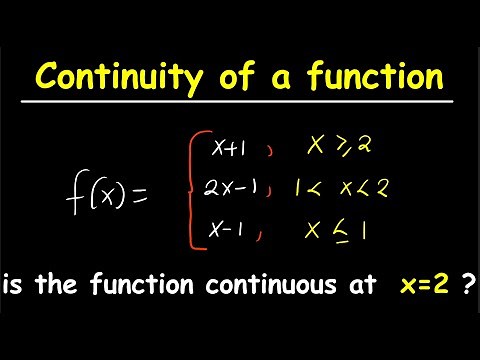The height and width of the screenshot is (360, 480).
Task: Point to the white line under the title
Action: pyautogui.click(x=240, y=103)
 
